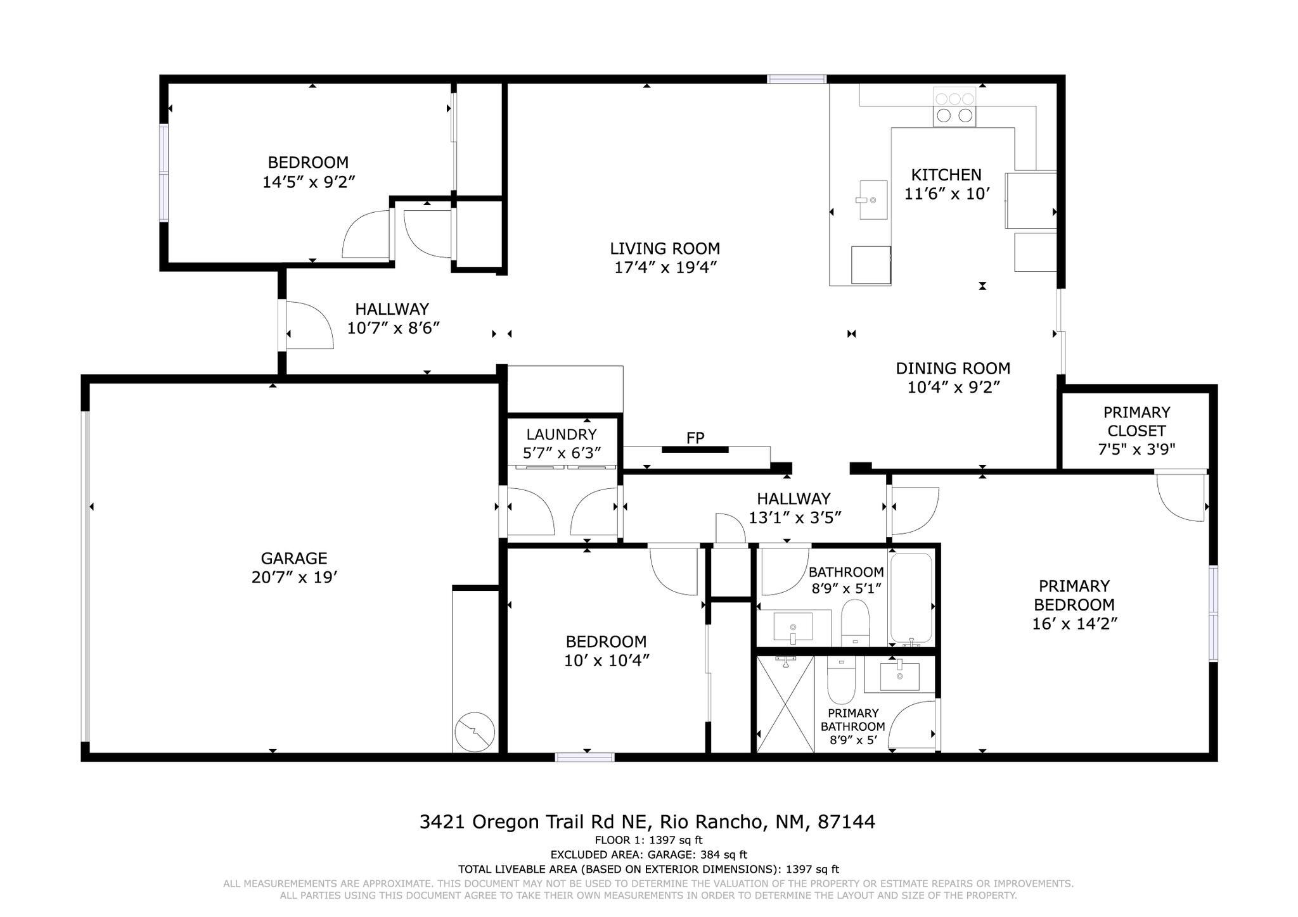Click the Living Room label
[x=665, y=248]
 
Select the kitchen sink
[x=873, y=199]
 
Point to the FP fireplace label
[x=695, y=438]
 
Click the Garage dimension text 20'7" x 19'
[x=293, y=578]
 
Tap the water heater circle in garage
[x=475, y=731]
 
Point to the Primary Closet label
[x=1136, y=422]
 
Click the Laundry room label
[x=561, y=434]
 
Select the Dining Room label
[x=953, y=369]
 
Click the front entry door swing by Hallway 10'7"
[x=310, y=325]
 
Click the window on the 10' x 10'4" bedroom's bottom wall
[x=584, y=757]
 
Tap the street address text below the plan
[x=647, y=822]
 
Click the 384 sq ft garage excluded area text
[x=648, y=855]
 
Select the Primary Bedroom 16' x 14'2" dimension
[x=1074, y=624]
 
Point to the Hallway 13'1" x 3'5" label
[x=794, y=499]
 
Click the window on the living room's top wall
[x=796, y=79]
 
